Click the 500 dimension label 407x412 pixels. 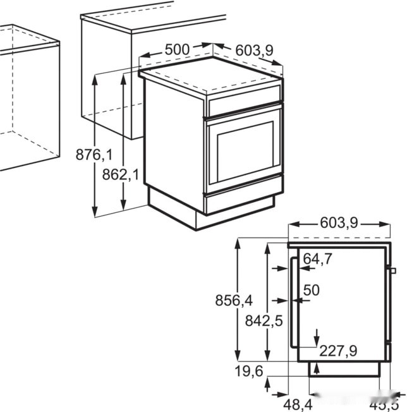178,49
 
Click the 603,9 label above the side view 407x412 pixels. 339,223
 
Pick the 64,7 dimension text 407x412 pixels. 318,259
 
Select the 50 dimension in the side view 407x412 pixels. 312,290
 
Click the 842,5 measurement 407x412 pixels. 264,321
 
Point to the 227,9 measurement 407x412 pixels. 338,350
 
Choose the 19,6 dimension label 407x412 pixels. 248,372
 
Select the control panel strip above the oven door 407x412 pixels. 244,102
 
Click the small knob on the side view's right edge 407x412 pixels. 392,271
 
